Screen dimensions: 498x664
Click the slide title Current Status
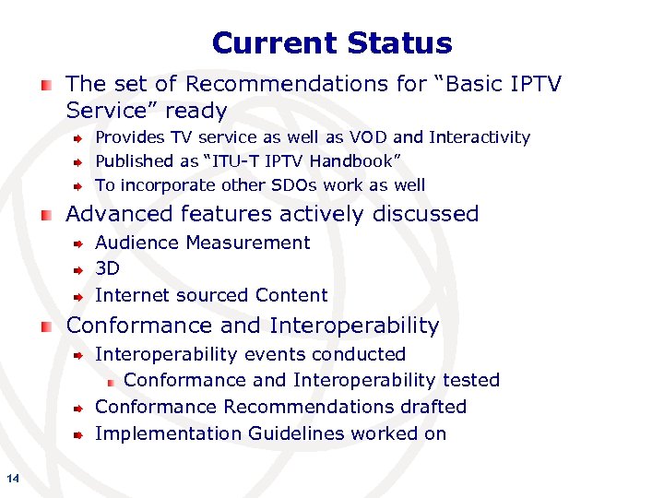(x=332, y=43)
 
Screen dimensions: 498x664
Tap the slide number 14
(x=13, y=477)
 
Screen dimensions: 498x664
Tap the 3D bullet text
(x=107, y=269)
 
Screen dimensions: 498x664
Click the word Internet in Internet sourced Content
(x=128, y=296)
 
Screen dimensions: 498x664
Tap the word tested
(x=470, y=380)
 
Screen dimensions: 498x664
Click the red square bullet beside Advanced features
(x=46, y=216)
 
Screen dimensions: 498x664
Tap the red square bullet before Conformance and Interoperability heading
(x=46, y=327)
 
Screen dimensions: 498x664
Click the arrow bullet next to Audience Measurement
(x=80, y=244)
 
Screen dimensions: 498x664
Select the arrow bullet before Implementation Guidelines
(x=80, y=434)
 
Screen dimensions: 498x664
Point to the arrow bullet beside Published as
(x=80, y=162)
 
